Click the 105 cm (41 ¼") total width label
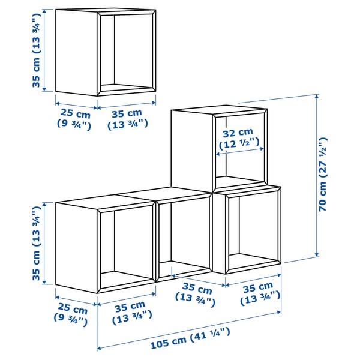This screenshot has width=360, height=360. pyautogui.click(x=189, y=344)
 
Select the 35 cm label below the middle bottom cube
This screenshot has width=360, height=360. pyautogui.click(x=195, y=292)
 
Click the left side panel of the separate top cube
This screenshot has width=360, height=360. pyautogui.click(x=77, y=53)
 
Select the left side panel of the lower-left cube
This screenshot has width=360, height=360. pyautogui.click(x=77, y=246)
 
